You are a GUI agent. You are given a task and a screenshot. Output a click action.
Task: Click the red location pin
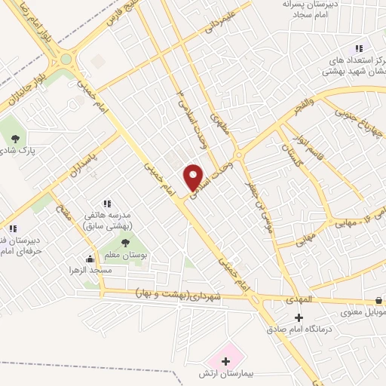click(x=195, y=178)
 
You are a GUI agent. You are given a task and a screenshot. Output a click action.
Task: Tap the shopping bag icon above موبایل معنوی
click(x=378, y=300)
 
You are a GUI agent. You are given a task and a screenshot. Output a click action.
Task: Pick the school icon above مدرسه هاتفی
click(x=106, y=203)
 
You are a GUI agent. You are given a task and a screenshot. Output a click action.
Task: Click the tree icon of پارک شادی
click(x=16, y=138)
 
